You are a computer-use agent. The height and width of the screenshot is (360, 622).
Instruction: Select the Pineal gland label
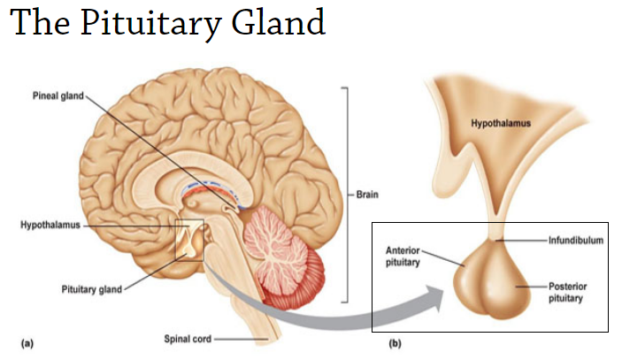click(58, 96)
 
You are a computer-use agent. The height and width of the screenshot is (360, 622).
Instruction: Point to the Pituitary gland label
click(90, 288)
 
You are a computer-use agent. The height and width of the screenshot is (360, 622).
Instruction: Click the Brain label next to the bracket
click(367, 195)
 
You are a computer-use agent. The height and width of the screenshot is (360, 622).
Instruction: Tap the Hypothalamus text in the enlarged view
click(501, 123)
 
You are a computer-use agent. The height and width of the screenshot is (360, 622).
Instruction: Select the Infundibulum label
click(575, 240)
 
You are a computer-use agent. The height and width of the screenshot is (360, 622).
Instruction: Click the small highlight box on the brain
click(189, 241)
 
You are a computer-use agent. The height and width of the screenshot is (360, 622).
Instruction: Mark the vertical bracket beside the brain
click(347, 195)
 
